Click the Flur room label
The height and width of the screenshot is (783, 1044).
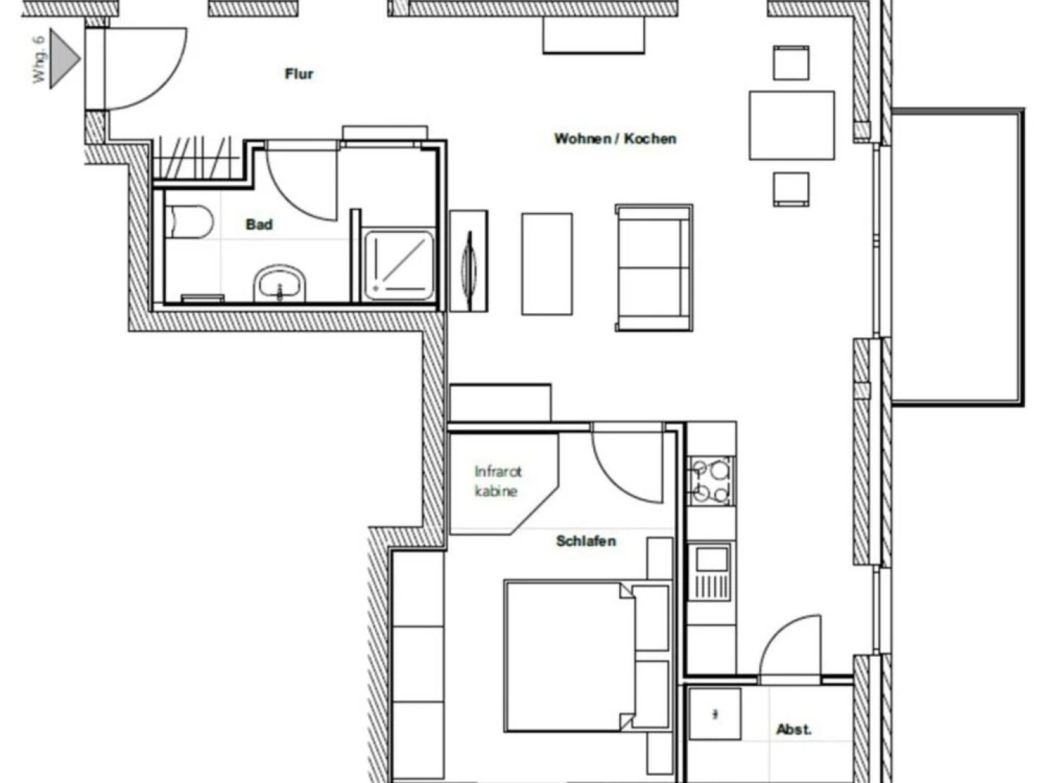(299, 74)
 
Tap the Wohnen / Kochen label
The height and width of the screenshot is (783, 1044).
(615, 138)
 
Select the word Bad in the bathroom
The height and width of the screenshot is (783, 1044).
(259, 225)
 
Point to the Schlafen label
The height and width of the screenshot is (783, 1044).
(586, 541)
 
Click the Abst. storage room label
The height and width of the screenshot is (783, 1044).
(794, 729)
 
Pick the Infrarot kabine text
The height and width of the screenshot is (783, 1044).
(497, 481)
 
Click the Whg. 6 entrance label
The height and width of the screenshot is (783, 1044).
(39, 59)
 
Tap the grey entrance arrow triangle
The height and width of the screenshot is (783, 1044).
(64, 59)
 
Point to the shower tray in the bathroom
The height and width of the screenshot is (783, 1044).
(399, 265)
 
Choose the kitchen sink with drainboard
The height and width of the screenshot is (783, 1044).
(710, 571)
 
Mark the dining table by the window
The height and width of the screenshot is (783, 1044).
(792, 125)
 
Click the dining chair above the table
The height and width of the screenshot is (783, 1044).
(791, 62)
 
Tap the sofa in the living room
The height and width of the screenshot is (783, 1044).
(653, 268)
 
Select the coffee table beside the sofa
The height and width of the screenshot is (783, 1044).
(547, 264)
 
